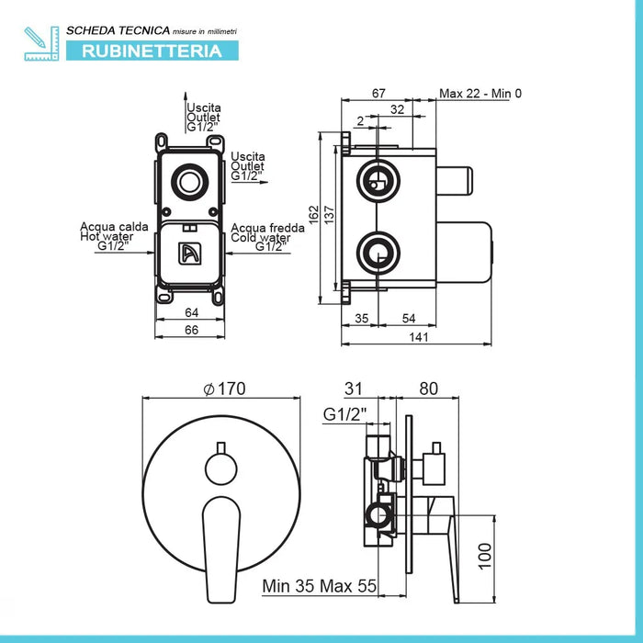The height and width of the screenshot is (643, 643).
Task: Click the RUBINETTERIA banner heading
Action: pyautogui.click(x=152, y=51)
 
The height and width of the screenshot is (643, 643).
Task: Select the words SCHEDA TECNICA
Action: pyautogui.click(x=107, y=31)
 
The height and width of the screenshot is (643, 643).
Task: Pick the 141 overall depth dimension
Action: pyautogui.click(x=418, y=337)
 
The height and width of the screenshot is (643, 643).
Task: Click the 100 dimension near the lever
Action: pyautogui.click(x=488, y=554)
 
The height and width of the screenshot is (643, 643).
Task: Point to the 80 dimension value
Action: pyautogui.click(x=427, y=389)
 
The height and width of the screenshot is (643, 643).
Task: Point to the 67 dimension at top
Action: pyautogui.click(x=378, y=92)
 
